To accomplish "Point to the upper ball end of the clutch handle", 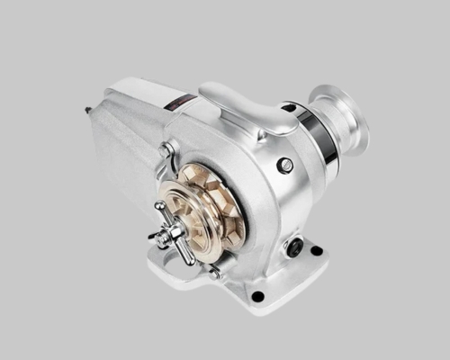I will coord(161,206).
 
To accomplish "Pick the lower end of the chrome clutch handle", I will coord(190,260).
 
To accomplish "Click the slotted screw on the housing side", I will coord(284,165).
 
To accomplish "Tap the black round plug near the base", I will coord(294,244).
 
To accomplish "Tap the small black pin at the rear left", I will coord(87,111).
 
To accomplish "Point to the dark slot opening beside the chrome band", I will coord(290,107).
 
